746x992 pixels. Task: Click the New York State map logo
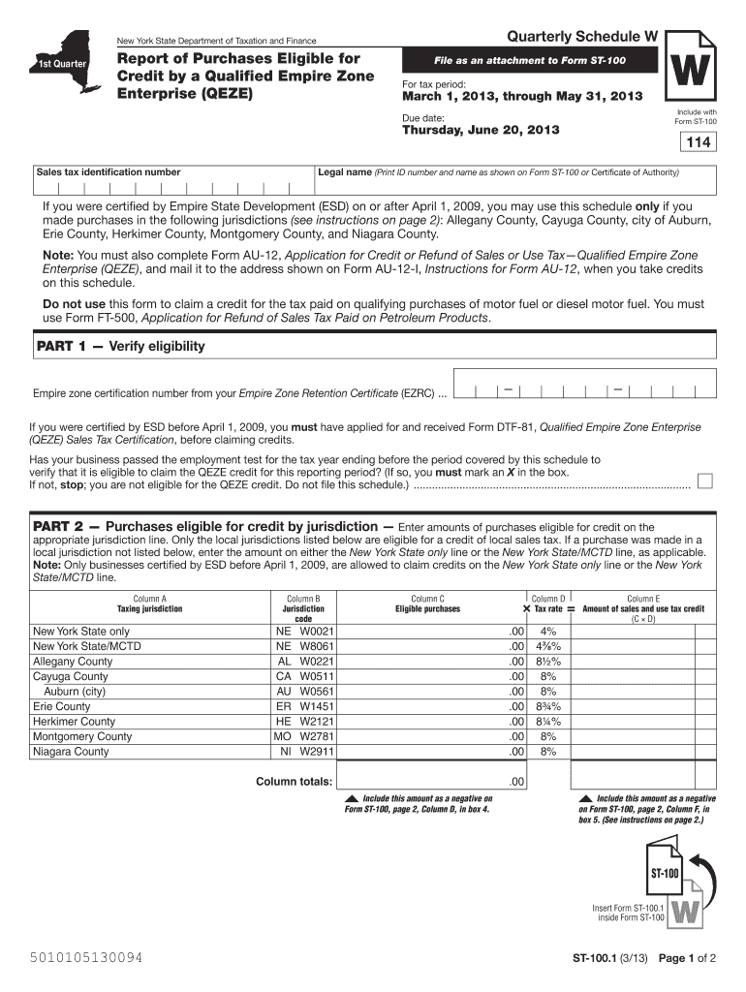63,61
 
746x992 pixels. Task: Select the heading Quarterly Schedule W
582,37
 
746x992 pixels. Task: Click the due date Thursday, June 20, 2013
481,130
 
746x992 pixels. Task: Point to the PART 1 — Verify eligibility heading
120,346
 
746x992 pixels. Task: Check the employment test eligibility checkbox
706,480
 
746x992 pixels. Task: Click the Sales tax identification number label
108,172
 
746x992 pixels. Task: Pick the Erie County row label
62,707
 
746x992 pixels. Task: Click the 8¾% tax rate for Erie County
548,707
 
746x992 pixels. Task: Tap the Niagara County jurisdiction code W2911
317,752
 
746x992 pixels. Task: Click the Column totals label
294,782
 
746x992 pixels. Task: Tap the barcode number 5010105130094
81,958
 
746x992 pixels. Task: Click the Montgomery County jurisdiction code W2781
317,737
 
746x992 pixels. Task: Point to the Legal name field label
345,172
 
